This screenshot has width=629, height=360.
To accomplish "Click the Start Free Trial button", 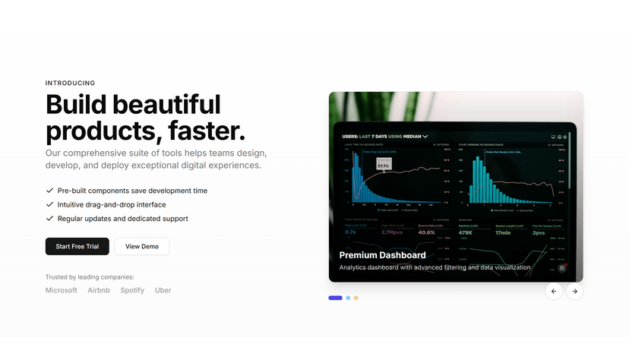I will pyautogui.click(x=77, y=246).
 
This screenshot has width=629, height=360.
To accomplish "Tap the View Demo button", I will pyautogui.click(x=141, y=246).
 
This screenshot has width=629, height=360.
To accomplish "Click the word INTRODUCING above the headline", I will pyautogui.click(x=70, y=83).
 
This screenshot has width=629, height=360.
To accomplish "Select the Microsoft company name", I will pyautogui.click(x=61, y=290).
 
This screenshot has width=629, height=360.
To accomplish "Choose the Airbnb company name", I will pyautogui.click(x=99, y=290).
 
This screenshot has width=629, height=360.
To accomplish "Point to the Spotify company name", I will pyautogui.click(x=132, y=290).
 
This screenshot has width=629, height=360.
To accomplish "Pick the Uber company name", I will pyautogui.click(x=163, y=290).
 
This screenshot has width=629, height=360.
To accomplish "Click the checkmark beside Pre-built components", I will pyautogui.click(x=49, y=191).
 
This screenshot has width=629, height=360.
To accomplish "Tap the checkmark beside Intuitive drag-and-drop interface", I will pyautogui.click(x=49, y=204).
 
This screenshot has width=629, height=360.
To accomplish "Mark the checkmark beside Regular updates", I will pyautogui.click(x=49, y=219).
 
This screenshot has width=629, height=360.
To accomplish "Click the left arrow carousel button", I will pyautogui.click(x=553, y=291).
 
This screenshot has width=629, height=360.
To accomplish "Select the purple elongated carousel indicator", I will pyautogui.click(x=335, y=298).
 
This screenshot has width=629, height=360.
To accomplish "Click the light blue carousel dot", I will pyautogui.click(x=348, y=298).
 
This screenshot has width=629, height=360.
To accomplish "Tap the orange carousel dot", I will pyautogui.click(x=356, y=298).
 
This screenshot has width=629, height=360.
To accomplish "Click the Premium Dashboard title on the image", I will pyautogui.click(x=382, y=255).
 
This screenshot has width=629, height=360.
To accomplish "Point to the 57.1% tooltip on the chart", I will pyautogui.click(x=383, y=165).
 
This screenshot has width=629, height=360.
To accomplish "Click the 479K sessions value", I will pyautogui.click(x=466, y=232).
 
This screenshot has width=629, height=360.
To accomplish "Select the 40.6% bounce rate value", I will pyautogui.click(x=427, y=232).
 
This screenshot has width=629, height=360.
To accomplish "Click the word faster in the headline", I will pyautogui.click(x=202, y=131).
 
